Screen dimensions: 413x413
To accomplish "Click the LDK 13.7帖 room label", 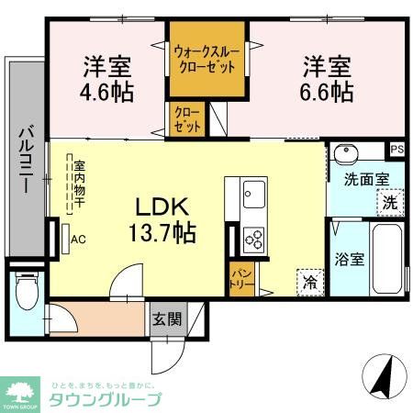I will pyautogui.click(x=166, y=218).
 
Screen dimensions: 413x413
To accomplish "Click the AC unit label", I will pyautogui.click(x=79, y=240).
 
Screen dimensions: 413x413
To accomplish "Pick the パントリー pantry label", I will pyautogui.click(x=242, y=275).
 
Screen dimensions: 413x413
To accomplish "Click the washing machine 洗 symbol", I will pyautogui.click(x=390, y=202).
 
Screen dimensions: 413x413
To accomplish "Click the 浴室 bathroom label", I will pyautogui.click(x=351, y=259).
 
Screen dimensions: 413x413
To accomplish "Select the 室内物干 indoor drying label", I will pyautogui.click(x=80, y=184).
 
